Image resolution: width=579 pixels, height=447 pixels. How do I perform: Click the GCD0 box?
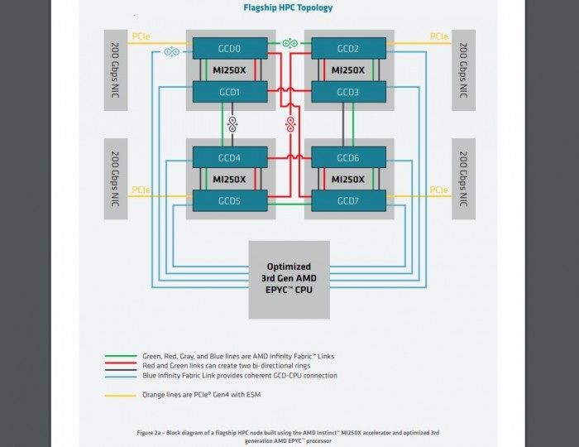tap(230, 48)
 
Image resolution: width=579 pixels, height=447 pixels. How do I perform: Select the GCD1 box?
tap(230, 92)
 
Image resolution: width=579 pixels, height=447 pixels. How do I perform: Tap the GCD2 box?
tap(348, 48)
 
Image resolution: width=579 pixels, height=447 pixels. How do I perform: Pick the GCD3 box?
tap(348, 92)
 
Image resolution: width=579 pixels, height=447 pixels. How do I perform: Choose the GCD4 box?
tap(230, 157)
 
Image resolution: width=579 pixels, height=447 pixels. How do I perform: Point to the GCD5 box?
tap(230, 200)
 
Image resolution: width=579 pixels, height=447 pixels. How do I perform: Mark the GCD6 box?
tap(348, 157)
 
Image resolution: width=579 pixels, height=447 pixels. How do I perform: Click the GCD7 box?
tap(348, 200)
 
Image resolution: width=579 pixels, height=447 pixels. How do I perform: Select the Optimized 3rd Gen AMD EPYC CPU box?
tap(289, 280)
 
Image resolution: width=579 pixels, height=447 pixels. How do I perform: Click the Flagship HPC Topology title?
tap(288, 7)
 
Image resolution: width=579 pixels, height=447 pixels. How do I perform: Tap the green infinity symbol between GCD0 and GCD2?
tap(289, 43)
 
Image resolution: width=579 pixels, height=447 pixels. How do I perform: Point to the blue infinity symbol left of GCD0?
tap(172, 51)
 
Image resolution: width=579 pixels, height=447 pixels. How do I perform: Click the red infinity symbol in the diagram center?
tap(290, 124)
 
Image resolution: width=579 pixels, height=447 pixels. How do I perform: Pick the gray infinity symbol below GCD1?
tap(232, 124)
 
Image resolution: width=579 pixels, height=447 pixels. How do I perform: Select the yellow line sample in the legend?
tap(121, 396)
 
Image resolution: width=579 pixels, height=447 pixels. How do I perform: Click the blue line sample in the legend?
tap(121, 377)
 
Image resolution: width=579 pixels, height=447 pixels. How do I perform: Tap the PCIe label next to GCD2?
tap(439, 36)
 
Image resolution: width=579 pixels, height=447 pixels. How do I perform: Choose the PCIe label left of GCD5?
tap(141, 190)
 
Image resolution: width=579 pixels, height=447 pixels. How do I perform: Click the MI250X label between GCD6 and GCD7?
tap(348, 180)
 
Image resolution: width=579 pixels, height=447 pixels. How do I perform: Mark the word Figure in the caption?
tap(145, 433)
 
